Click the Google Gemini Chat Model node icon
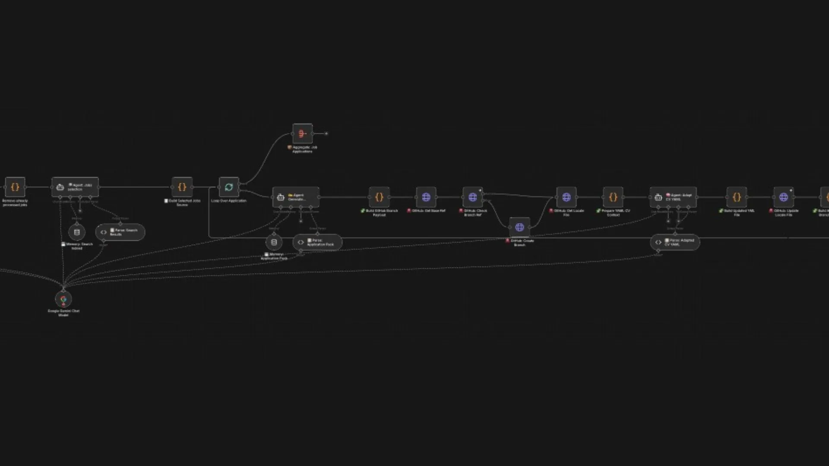(63, 299)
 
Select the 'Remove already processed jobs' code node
(15, 187)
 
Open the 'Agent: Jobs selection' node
(75, 187)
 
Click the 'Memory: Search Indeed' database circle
(77, 232)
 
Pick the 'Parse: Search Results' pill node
(120, 232)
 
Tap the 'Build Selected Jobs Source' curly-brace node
(182, 187)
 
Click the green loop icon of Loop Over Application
(229, 187)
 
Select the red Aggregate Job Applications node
(302, 134)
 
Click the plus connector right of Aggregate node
(326, 134)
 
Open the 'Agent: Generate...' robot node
(296, 197)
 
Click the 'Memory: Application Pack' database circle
(274, 242)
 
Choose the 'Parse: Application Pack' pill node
(317, 242)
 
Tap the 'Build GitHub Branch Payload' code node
(379, 197)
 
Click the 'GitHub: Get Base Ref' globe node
(426, 197)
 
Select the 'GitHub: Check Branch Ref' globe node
(473, 197)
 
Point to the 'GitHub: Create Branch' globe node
(519, 227)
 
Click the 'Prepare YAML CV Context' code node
(613, 197)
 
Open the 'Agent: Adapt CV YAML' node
(673, 197)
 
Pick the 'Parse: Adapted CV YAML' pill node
(675, 242)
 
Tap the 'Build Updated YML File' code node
(737, 197)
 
